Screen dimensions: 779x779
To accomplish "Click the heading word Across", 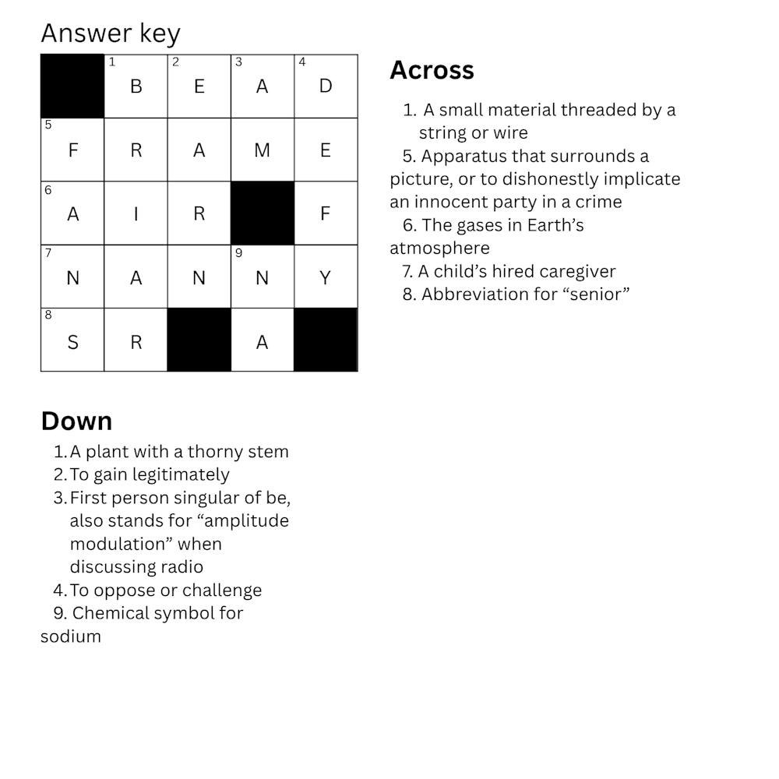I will pyautogui.click(x=432, y=70).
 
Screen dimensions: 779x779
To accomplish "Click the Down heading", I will pyautogui.click(x=76, y=421).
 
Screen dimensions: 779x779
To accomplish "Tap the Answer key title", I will pyautogui.click(x=111, y=33).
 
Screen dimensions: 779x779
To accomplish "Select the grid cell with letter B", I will pyautogui.click(x=136, y=86).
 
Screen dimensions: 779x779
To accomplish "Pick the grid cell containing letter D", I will pyautogui.click(x=326, y=86).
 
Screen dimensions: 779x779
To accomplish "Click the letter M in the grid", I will pyautogui.click(x=262, y=150).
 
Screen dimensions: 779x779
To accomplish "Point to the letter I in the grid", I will pyautogui.click(x=136, y=213).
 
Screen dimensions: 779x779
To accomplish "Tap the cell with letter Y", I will pyautogui.click(x=326, y=277).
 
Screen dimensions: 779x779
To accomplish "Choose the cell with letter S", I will pyautogui.click(x=72, y=341).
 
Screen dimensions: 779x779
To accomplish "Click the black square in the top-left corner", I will pyautogui.click(x=72, y=86).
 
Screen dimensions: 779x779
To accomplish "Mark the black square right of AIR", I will pyautogui.click(x=263, y=213).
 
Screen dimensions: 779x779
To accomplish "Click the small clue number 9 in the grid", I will pyautogui.click(x=238, y=253).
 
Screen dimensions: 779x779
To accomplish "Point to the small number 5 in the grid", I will pyautogui.click(x=48, y=125).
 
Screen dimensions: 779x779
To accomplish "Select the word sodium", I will pyautogui.click(x=71, y=636).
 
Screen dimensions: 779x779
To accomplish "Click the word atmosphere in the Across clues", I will pyautogui.click(x=439, y=249).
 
